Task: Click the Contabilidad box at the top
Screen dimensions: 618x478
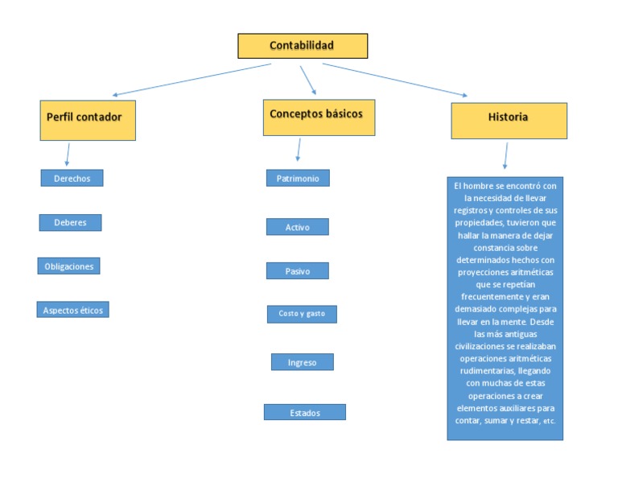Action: click(x=303, y=46)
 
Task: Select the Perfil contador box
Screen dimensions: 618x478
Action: click(x=88, y=120)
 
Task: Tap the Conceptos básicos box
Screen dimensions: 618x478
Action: click(x=319, y=117)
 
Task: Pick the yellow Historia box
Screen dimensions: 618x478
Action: click(x=509, y=121)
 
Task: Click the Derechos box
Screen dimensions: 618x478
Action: click(x=72, y=178)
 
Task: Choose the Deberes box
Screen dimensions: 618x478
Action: click(x=70, y=223)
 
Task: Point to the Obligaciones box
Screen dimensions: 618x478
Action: click(x=69, y=266)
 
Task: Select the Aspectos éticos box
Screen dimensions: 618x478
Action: click(x=73, y=310)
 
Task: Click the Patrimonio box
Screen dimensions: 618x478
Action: click(x=298, y=178)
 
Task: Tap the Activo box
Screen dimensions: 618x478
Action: click(x=298, y=227)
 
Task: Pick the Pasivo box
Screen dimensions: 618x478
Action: click(x=298, y=270)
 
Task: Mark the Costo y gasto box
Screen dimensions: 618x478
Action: click(x=302, y=314)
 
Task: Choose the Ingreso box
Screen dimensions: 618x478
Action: click(x=303, y=362)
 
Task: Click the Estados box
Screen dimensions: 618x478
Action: click(x=305, y=412)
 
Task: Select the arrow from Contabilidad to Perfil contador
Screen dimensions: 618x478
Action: click(x=192, y=79)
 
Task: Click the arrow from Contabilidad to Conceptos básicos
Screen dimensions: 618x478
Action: click(x=308, y=80)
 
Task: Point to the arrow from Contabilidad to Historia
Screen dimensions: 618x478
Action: click(x=395, y=80)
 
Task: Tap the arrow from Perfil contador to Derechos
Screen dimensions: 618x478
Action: click(x=68, y=154)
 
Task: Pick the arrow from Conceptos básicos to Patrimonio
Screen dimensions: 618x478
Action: click(x=299, y=150)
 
